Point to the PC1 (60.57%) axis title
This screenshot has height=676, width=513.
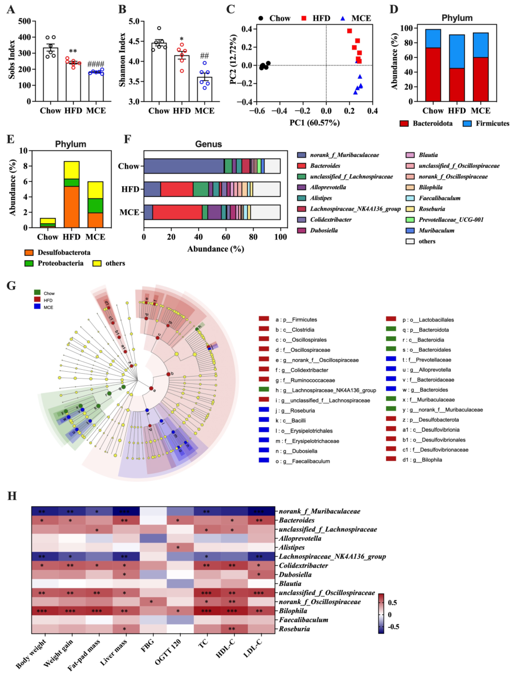tap(315, 123)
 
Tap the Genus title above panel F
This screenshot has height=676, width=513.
tap(209, 144)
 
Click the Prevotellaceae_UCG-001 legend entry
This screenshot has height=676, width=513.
tap(451, 219)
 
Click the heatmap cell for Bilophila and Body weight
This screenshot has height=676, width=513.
tap(45, 611)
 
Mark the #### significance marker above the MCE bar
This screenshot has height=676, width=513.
tap(96, 64)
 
